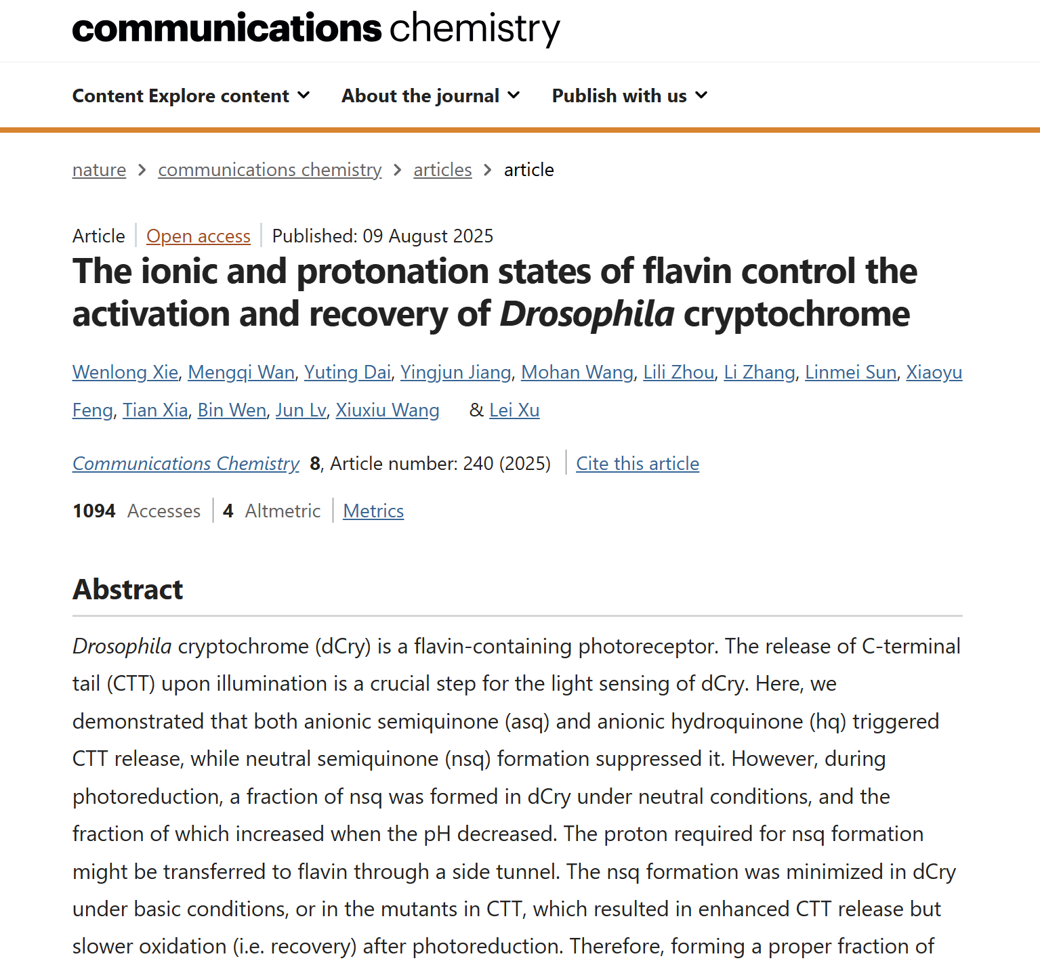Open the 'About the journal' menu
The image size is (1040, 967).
(430, 96)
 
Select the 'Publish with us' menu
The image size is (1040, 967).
(629, 96)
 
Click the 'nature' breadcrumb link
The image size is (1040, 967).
(99, 170)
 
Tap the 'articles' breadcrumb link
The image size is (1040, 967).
(442, 170)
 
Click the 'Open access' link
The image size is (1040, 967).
(198, 236)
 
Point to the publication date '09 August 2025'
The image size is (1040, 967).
(428, 236)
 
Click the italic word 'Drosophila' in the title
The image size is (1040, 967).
(587, 314)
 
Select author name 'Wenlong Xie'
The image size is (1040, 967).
(125, 372)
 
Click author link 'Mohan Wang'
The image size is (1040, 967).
(577, 372)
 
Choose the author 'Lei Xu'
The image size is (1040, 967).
(514, 410)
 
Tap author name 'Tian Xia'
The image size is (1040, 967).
(155, 410)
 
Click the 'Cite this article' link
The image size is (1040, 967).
(637, 464)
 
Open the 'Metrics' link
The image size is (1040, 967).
(373, 511)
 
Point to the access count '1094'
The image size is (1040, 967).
(94, 511)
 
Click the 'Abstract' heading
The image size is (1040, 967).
(128, 590)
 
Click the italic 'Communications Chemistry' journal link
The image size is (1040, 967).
(186, 464)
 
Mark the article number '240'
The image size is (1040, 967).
(478, 464)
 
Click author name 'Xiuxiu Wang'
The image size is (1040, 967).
(388, 410)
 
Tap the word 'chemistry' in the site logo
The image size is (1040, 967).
(475, 28)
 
